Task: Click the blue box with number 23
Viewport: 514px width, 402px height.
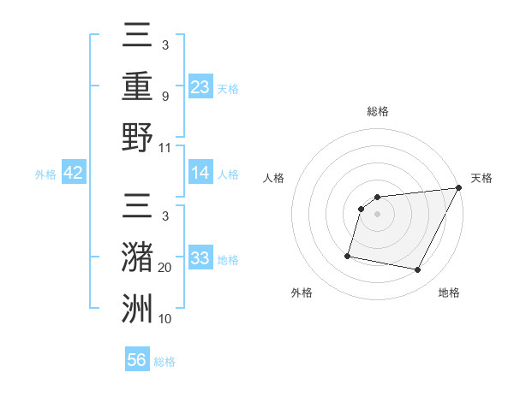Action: [200, 86]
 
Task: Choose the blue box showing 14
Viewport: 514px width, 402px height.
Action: [200, 173]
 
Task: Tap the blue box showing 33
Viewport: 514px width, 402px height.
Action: [200, 257]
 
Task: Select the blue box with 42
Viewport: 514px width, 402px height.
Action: [74, 173]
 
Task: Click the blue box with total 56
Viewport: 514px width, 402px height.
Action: [137, 360]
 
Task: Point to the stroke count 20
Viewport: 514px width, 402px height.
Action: [166, 268]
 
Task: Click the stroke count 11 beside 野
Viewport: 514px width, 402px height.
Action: [165, 147]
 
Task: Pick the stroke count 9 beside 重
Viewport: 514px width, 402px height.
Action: [164, 97]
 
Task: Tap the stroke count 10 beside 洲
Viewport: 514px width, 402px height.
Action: [165, 318]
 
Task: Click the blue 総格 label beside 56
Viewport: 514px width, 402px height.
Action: [164, 362]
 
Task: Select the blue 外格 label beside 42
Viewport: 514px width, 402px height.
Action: [45, 174]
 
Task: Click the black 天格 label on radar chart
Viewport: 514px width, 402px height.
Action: [482, 178]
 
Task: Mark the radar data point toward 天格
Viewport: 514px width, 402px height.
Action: [459, 188]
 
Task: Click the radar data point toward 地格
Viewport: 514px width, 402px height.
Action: [418, 270]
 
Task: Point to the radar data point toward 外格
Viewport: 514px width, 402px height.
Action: [348, 255]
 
